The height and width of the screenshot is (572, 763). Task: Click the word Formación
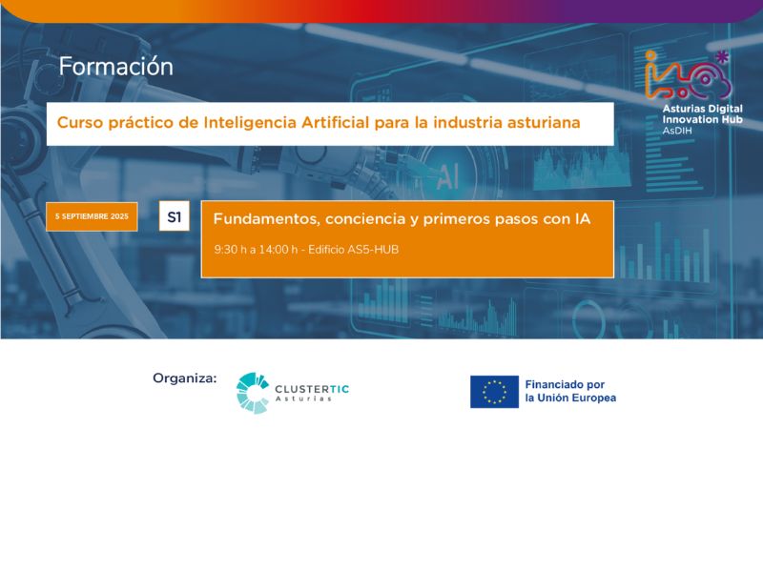(115, 66)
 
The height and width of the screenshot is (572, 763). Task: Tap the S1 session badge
(175, 216)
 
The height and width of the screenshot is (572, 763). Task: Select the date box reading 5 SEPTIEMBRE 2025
(92, 216)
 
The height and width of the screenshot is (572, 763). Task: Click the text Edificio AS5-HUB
(353, 250)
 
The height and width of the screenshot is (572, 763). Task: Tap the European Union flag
(494, 392)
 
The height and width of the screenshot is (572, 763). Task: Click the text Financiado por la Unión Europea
(570, 391)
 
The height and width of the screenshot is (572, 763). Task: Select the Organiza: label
(185, 378)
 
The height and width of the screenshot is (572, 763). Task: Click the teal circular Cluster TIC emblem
(253, 393)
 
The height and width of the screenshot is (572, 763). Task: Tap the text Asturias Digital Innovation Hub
(702, 113)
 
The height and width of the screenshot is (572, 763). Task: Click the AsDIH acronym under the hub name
(677, 131)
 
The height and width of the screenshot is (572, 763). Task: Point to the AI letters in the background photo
(447, 176)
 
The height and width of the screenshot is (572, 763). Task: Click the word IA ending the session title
(583, 219)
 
